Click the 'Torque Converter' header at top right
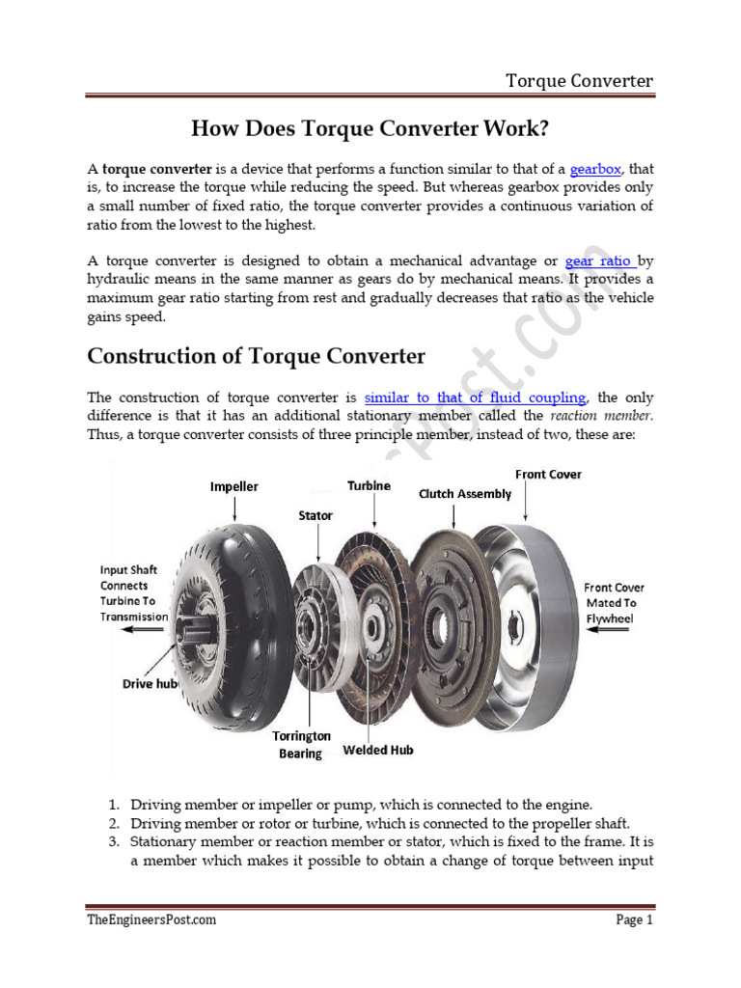point(580,80)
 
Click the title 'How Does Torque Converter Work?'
point(370,128)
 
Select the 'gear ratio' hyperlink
point(599,261)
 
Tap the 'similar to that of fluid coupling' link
point(476,398)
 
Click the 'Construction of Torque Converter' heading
point(256,356)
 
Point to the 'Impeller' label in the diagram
point(234,487)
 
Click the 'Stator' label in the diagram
point(316,516)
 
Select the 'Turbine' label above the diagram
point(369,486)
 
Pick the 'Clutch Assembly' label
point(464,494)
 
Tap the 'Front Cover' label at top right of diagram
point(548,475)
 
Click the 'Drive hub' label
point(151,683)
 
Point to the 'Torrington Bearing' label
point(300,745)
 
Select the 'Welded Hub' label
point(379,750)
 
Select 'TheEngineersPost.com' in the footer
point(151,919)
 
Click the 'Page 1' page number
point(635,919)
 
